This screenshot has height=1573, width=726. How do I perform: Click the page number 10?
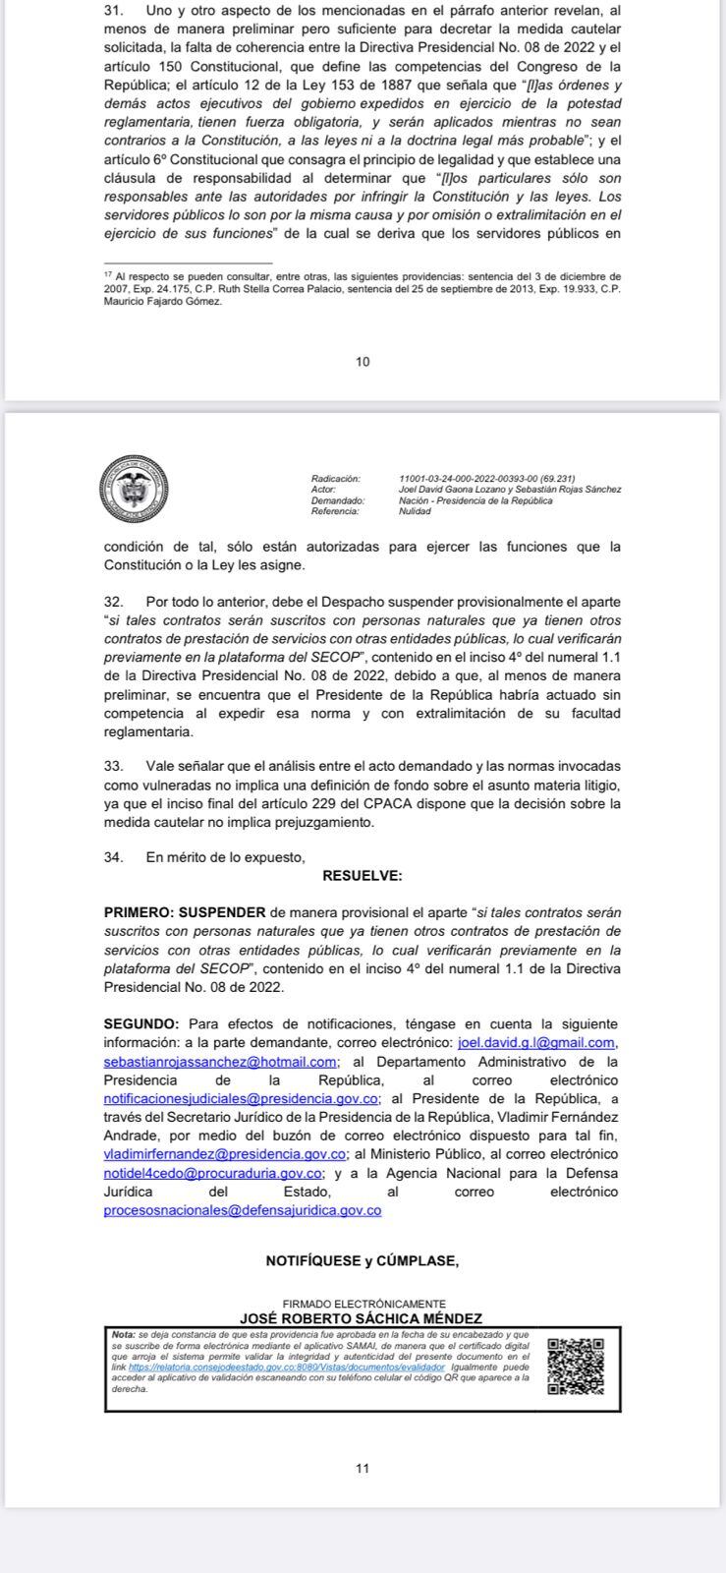coord(363,362)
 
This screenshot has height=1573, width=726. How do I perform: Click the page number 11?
coord(363,1469)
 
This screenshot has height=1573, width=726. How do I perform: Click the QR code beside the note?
coord(576,1366)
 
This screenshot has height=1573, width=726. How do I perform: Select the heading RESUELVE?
coord(362,876)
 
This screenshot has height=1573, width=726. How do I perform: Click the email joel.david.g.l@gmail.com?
coord(537,1042)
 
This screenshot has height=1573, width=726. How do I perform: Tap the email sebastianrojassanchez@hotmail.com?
coord(221,1062)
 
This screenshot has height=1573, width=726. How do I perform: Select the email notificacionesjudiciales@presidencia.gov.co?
coord(242,1098)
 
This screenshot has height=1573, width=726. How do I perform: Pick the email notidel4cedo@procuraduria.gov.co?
coord(213,1173)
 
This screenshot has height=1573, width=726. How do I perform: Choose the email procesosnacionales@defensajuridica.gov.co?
coord(243,1210)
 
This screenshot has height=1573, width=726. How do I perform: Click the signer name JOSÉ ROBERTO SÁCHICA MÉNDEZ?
coord(362,1317)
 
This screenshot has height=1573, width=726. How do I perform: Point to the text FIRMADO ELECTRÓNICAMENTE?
coord(363,1304)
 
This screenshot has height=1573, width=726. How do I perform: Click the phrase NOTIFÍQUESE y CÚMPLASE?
coord(363,1261)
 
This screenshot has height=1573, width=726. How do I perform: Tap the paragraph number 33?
coord(113,765)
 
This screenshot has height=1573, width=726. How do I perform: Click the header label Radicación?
coord(335,478)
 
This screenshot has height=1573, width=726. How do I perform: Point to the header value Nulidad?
coord(415,511)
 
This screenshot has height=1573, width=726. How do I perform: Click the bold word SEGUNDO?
coord(141,1023)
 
